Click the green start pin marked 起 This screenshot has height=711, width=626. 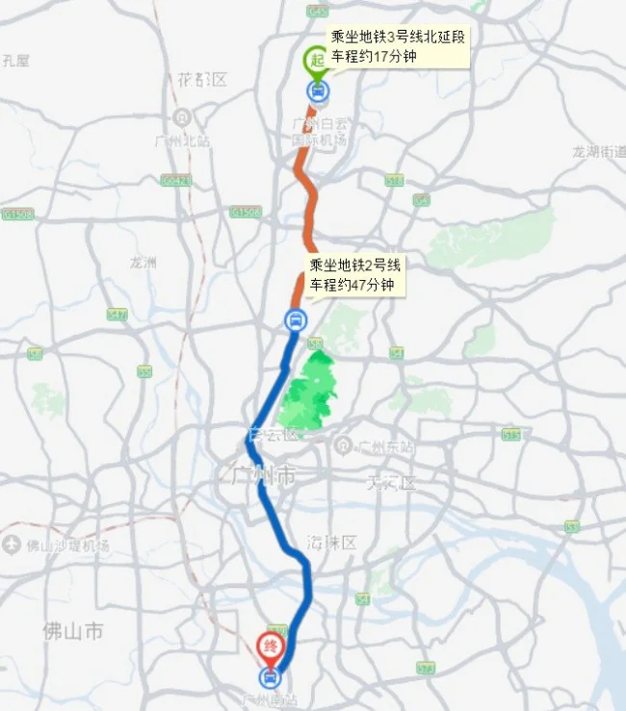click(316, 61)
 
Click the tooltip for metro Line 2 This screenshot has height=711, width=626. click(353, 275)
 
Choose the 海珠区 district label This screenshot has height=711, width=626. click(333, 544)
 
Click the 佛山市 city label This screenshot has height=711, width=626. click(72, 631)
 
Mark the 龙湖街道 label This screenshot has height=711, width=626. click(598, 152)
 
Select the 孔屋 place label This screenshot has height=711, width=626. click(15, 61)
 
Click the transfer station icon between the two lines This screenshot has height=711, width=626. click(295, 320)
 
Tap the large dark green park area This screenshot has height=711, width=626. click(308, 394)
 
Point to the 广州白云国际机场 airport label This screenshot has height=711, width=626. click(318, 132)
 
